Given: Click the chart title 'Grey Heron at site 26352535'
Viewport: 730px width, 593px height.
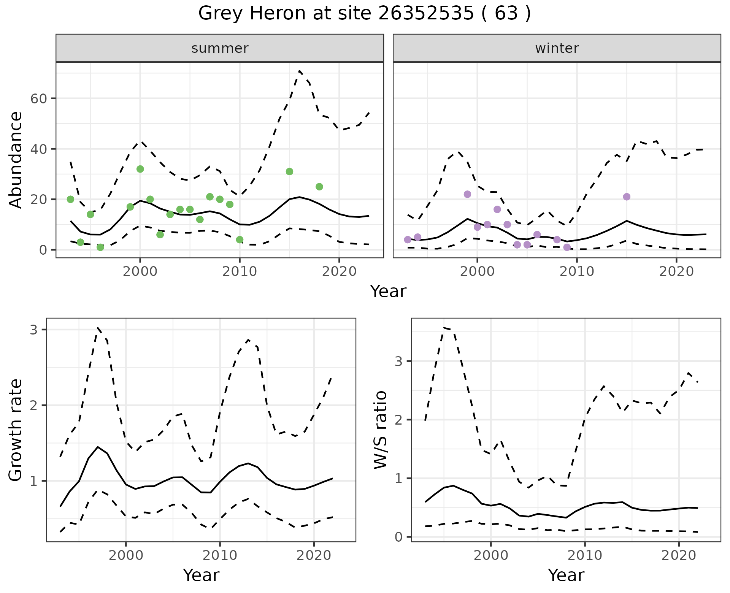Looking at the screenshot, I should coord(364,14).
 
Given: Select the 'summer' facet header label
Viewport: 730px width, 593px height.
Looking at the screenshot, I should coord(220,48).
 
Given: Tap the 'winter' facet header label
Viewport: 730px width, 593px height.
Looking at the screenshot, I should coord(557,48).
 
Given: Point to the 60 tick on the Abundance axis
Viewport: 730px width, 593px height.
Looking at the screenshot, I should coord(38,98).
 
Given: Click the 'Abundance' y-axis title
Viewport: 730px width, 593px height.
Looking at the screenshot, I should coord(16,160).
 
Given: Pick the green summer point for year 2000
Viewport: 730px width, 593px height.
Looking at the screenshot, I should coord(140,169).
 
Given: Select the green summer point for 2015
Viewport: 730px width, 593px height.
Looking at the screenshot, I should coord(289,172).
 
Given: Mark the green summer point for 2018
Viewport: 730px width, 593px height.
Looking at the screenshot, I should coord(319,187).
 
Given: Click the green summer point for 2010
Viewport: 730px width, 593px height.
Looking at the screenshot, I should coord(240,240).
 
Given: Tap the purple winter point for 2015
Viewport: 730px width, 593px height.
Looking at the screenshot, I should coord(627,197).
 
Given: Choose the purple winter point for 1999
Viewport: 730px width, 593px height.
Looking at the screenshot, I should coord(468,194).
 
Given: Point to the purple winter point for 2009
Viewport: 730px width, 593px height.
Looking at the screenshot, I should coord(567,247).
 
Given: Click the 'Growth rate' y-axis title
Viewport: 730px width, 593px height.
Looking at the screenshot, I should coord(16,430).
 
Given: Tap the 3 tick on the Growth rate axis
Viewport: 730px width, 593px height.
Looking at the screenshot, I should coord(33,330).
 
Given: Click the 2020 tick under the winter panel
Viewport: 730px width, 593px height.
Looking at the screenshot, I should coord(676,271).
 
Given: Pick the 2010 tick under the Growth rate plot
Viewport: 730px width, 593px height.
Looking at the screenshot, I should coord(220,555).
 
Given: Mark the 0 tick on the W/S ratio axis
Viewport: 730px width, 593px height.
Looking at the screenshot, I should coord(398,537).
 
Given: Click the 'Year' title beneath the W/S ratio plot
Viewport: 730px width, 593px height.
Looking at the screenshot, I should coord(566,575).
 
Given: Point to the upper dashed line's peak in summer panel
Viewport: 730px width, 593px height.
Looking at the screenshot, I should coord(300,71).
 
